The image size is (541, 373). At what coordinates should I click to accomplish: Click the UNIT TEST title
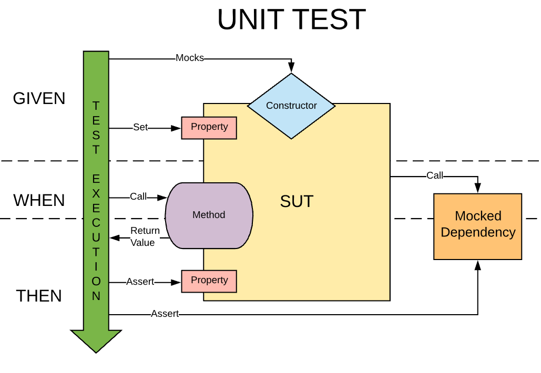[x=291, y=20]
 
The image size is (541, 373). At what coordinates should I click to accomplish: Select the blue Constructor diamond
[x=291, y=106]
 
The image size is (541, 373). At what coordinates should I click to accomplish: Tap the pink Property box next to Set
[x=209, y=128]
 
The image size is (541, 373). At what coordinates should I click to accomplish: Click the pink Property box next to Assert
[x=209, y=281]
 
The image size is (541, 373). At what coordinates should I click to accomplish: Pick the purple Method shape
[x=209, y=215]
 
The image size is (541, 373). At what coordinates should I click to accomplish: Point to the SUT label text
[x=297, y=201]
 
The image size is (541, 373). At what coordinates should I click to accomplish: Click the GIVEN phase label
[x=39, y=98]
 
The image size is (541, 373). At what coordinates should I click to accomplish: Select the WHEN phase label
[x=39, y=200]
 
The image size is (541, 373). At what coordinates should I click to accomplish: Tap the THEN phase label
[x=39, y=296]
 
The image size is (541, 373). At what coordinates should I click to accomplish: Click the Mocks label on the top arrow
[x=189, y=58]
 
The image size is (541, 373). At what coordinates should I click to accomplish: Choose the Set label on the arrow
[x=140, y=127]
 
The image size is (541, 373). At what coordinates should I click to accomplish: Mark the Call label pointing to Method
[x=138, y=196]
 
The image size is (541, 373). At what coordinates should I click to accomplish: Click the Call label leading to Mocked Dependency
[x=435, y=175]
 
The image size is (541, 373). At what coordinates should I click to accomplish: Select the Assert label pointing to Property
[x=140, y=282]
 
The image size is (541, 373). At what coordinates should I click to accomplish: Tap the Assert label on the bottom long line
[x=165, y=314]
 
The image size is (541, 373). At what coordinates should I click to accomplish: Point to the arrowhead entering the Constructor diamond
[x=291, y=68]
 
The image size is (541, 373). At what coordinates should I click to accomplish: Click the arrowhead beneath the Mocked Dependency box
[x=477, y=265]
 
